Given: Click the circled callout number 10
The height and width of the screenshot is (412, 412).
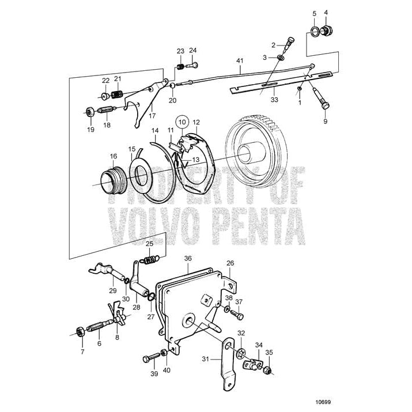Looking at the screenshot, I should point(182,122).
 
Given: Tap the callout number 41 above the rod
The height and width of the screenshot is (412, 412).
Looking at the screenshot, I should point(240,60).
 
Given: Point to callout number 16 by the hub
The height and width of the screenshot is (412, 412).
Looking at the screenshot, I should point(114,156).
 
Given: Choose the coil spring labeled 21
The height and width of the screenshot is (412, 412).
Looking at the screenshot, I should point(117,95).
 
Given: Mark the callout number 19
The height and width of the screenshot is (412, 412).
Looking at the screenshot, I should point(89,130).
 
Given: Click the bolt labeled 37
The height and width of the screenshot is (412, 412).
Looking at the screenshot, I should point(239,315).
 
